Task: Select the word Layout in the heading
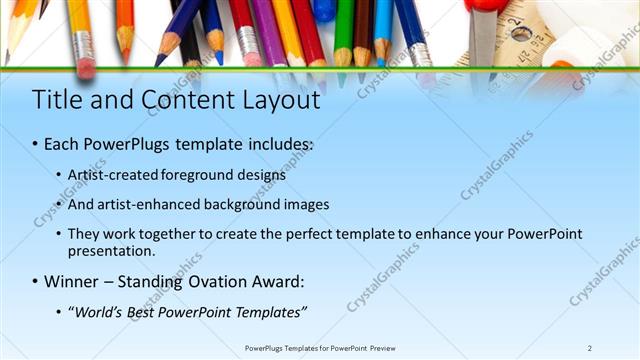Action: (x=280, y=100)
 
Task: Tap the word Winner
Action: (x=72, y=282)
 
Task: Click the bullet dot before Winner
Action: (x=35, y=282)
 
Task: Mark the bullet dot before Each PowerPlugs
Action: (x=35, y=145)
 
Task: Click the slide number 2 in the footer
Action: (x=590, y=347)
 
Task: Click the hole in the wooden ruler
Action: (x=518, y=33)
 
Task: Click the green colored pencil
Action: (x=343, y=30)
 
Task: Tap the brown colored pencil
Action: (x=363, y=30)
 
